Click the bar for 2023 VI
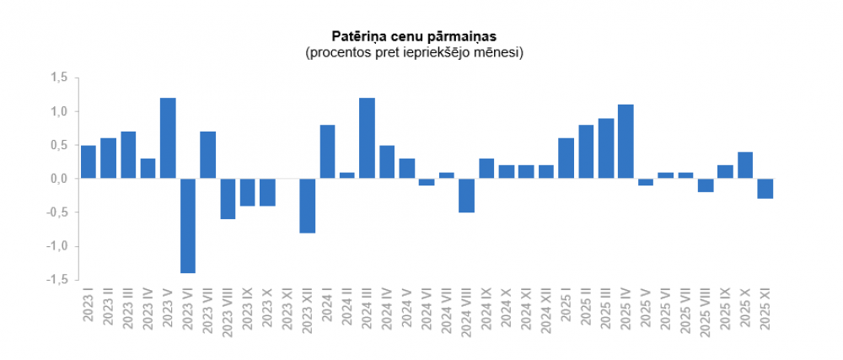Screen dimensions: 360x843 (x=188, y=225)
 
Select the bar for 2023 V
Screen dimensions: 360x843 (x=168, y=138)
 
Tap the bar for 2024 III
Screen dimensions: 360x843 (x=367, y=138)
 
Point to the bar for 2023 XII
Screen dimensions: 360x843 (x=307, y=205)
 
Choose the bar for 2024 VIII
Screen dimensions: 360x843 (x=466, y=195)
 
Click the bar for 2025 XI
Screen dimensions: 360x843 (x=765, y=188)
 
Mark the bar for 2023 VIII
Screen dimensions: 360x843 (x=228, y=198)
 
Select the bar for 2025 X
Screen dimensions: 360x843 (x=745, y=165)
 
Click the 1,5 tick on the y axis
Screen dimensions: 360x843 (x=58, y=78)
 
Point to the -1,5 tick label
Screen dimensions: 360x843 (x=56, y=280)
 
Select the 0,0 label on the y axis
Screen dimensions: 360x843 (x=58, y=179)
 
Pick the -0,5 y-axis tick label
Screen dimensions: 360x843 (x=56, y=212)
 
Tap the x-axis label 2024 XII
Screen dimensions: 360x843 (x=546, y=313)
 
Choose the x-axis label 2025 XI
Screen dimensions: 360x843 (x=765, y=312)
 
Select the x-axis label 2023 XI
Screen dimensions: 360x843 (x=287, y=313)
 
